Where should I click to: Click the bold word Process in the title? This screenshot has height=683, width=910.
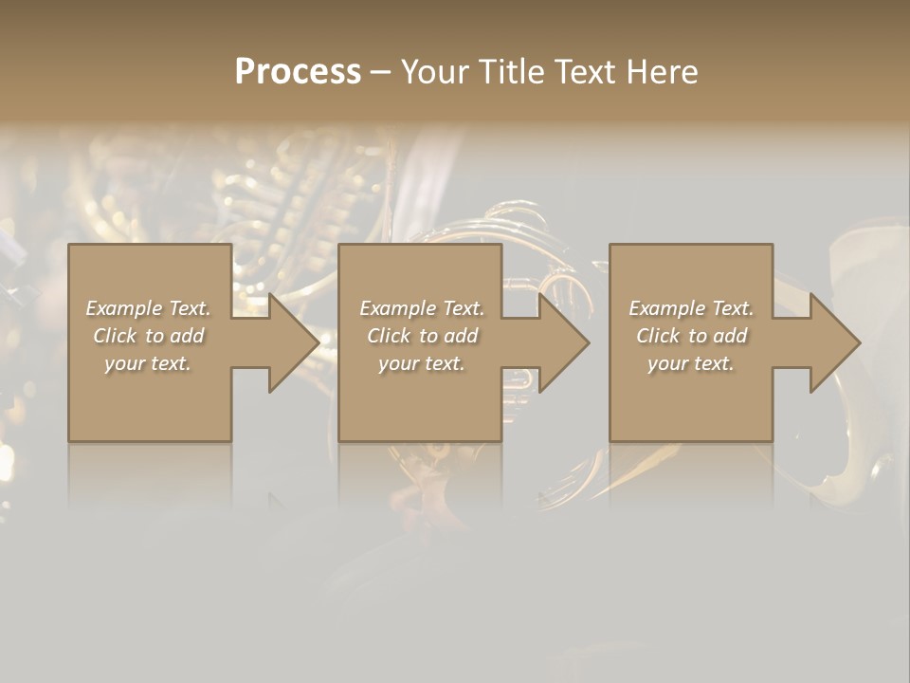pos(298,72)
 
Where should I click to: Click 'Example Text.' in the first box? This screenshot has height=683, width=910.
pos(148,308)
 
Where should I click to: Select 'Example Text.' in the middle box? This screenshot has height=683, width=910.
pos(422,308)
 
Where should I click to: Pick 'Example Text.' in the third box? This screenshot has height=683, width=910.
pos(691,308)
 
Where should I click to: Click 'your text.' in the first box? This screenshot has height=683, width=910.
pos(148,363)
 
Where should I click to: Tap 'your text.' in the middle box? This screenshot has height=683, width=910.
pos(422,363)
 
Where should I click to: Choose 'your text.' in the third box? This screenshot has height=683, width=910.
pos(691,363)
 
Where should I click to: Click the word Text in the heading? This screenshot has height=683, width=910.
pos(584,72)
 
